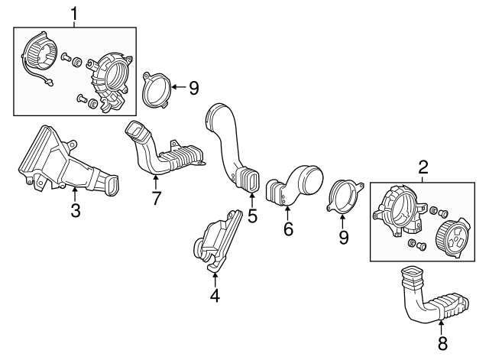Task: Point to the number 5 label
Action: [252, 216]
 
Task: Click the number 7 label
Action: [156, 199]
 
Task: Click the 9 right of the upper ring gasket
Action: [193, 88]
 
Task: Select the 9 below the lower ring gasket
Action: [343, 237]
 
